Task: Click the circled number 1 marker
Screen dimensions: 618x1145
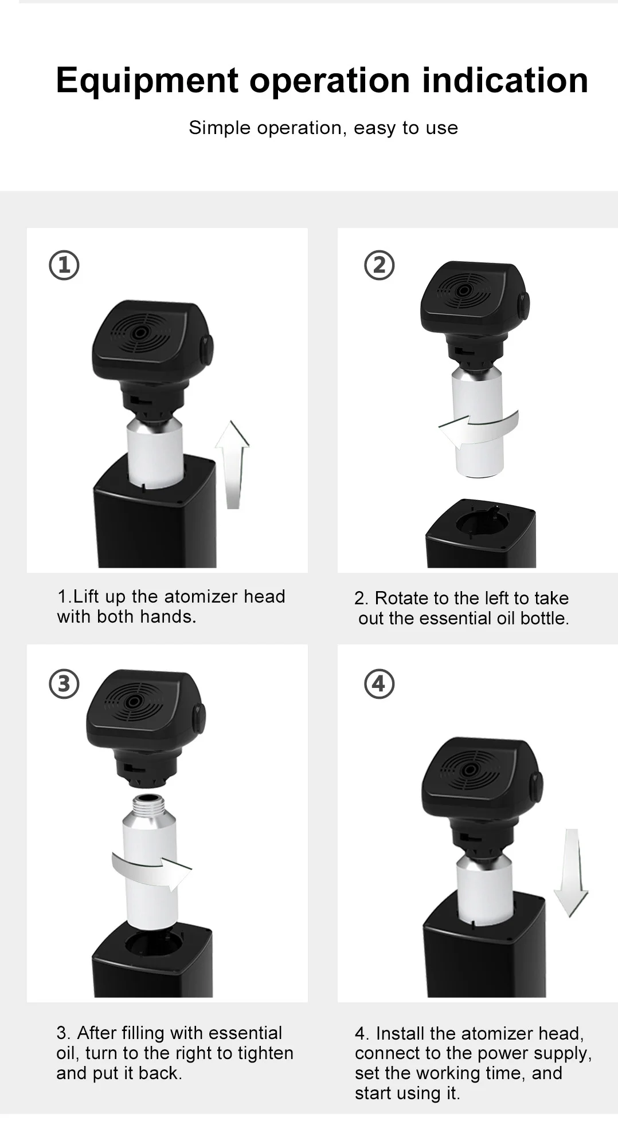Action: click(64, 265)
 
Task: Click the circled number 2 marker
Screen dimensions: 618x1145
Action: click(380, 265)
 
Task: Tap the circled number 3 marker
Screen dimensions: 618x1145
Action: click(64, 684)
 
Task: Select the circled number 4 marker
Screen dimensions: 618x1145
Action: click(380, 684)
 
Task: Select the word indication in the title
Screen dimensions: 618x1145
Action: click(505, 80)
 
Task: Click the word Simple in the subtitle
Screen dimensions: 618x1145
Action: click(220, 128)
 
